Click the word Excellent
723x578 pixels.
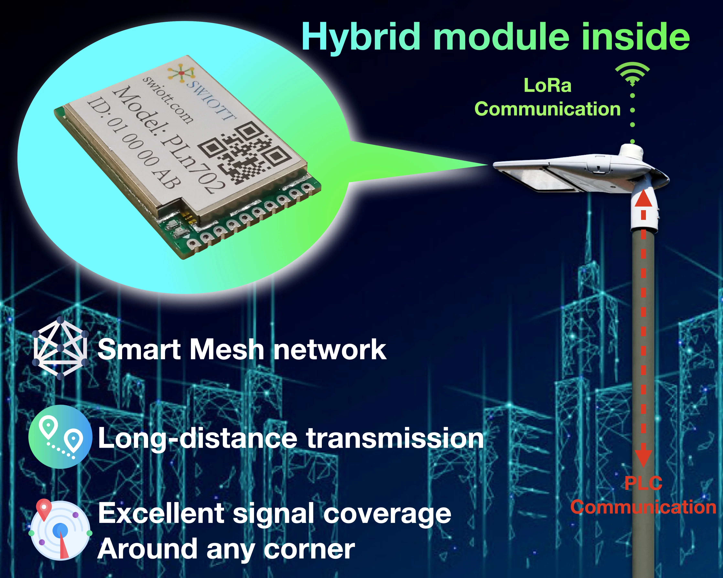[x=161, y=513]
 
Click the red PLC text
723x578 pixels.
[x=643, y=483]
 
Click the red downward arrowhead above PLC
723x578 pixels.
[x=643, y=458]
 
